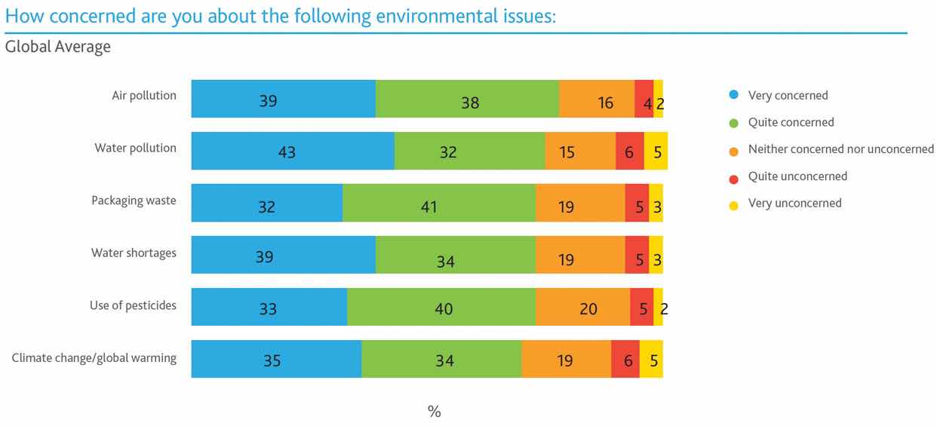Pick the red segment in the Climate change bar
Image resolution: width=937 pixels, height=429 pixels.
click(625, 360)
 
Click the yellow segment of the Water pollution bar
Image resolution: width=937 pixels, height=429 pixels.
click(656, 151)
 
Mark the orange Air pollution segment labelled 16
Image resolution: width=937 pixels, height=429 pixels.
click(597, 99)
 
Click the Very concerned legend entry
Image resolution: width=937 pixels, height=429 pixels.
click(788, 96)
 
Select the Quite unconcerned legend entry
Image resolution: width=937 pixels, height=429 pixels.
click(797, 176)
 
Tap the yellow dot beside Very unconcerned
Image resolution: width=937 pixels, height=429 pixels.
click(734, 204)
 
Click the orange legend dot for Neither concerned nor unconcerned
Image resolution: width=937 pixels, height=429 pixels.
click(734, 150)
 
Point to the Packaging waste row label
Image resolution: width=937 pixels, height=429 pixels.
click(134, 201)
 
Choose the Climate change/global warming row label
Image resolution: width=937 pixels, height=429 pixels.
click(94, 357)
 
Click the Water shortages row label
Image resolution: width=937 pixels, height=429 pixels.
click(134, 253)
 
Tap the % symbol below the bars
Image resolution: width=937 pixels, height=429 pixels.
click(435, 412)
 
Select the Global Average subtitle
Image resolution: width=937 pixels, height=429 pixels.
click(57, 47)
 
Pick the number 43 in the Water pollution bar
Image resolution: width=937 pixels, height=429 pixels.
click(287, 152)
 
